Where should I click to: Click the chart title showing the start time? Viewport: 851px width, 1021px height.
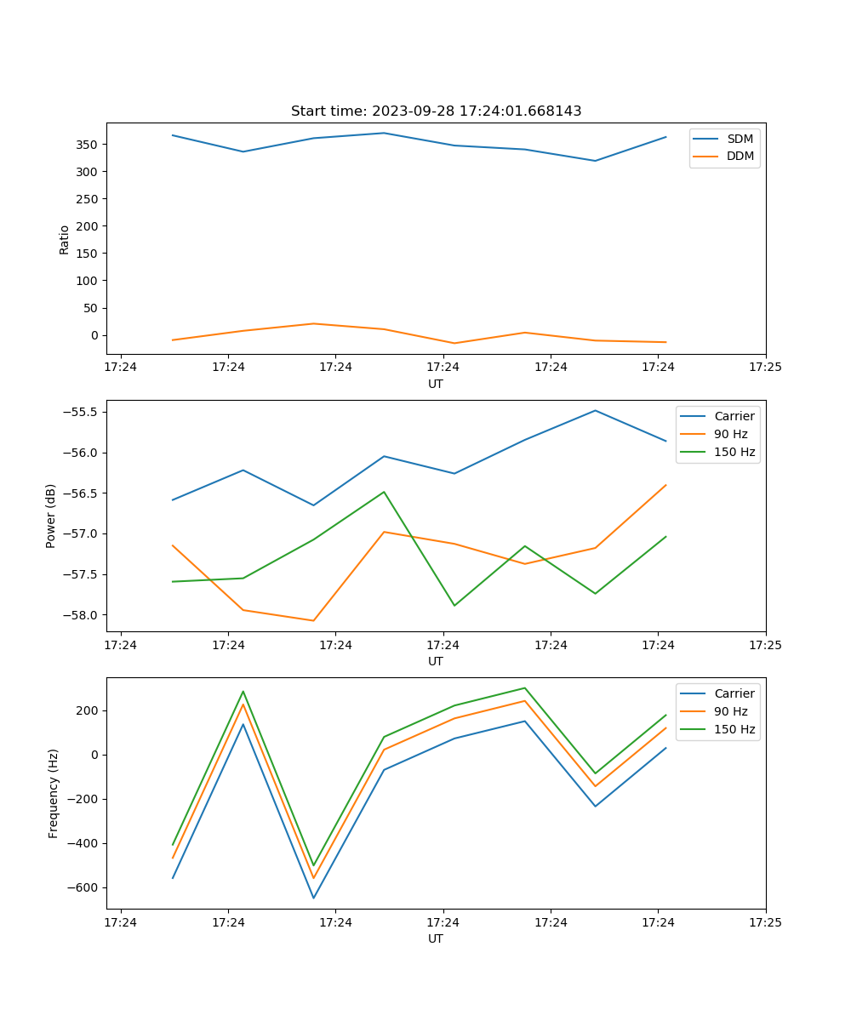[x=436, y=111]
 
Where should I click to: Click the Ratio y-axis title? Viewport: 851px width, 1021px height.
[x=65, y=238]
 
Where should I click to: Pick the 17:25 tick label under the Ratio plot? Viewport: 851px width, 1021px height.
[x=765, y=367]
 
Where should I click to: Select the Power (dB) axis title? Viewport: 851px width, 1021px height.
[x=51, y=516]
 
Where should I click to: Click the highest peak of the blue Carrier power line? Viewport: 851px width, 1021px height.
[x=595, y=410]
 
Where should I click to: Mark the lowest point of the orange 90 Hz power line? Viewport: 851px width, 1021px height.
[x=313, y=620]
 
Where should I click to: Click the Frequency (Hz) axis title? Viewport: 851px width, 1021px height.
[x=53, y=793]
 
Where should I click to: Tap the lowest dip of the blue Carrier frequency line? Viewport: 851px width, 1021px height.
[x=313, y=898]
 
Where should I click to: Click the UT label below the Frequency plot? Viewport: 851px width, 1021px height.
[x=436, y=938]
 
